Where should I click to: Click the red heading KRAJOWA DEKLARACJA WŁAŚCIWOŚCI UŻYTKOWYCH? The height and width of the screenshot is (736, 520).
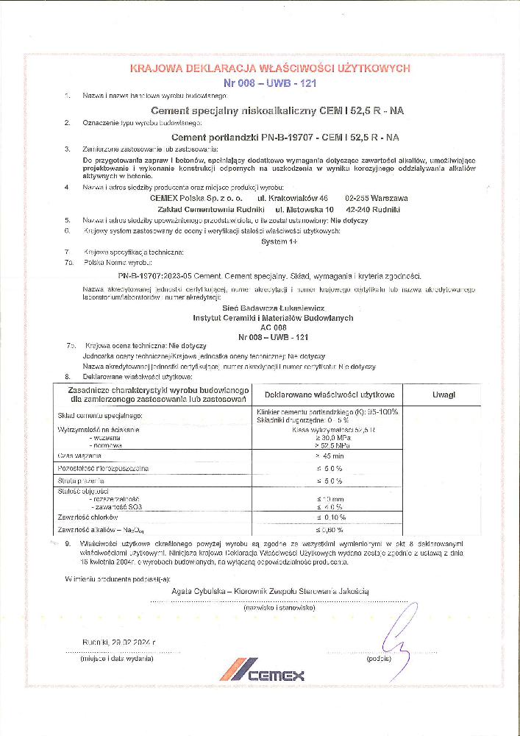269,68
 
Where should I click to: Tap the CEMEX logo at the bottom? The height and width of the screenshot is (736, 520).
262,673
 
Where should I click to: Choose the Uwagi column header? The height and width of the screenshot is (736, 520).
444,394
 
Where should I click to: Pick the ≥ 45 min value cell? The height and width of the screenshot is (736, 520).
329,456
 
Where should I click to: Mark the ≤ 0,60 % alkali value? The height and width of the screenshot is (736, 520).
330,529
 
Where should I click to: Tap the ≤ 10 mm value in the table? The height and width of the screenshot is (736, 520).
329,500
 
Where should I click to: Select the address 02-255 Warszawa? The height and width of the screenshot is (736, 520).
376,198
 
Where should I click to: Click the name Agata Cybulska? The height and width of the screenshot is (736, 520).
199,591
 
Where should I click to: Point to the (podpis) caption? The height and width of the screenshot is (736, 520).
377,659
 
